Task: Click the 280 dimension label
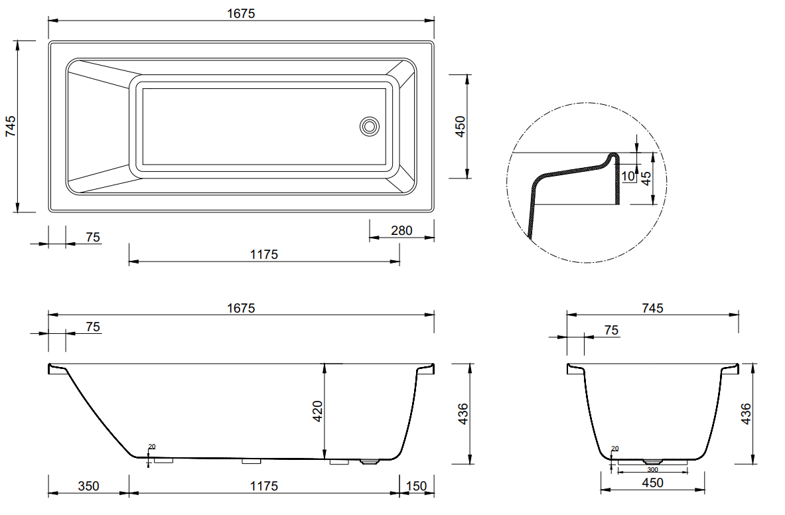click(401, 231)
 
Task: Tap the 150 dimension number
click(416, 486)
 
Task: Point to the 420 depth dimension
click(318, 412)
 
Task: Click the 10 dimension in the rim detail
click(628, 177)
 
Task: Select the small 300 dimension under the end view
click(652, 469)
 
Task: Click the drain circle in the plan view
click(370, 126)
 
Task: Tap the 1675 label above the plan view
click(241, 13)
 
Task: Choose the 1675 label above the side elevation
click(241, 308)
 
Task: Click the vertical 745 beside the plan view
click(11, 126)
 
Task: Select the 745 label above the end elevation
click(652, 308)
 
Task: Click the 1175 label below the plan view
click(263, 254)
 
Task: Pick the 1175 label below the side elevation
click(263, 486)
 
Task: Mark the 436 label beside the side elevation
click(463, 414)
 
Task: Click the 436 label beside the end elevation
click(745, 414)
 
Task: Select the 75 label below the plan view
click(93, 237)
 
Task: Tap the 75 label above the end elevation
click(611, 330)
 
